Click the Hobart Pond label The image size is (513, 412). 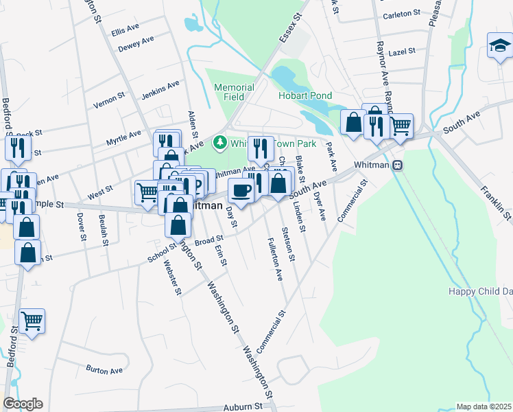click(x=305, y=96)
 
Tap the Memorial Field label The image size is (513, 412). click(x=234, y=92)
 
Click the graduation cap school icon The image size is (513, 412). click(x=500, y=46)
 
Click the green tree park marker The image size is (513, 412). click(x=220, y=143)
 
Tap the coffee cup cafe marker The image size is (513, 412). click(x=240, y=190)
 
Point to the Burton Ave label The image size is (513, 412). click(x=104, y=370)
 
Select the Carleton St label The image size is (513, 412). click(x=401, y=14)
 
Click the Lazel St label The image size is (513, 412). click(x=401, y=51)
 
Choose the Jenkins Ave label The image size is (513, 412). click(x=160, y=89)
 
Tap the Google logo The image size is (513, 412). click(x=23, y=404)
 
